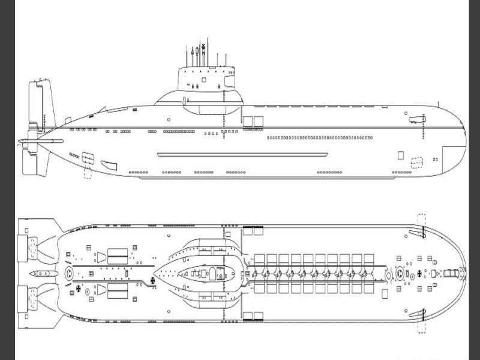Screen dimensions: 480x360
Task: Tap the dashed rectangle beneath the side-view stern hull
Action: click(x=87, y=173)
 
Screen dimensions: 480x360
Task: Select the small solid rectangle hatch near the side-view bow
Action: click(x=400, y=155)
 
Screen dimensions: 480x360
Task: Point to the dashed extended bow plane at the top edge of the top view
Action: click(x=422, y=222)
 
